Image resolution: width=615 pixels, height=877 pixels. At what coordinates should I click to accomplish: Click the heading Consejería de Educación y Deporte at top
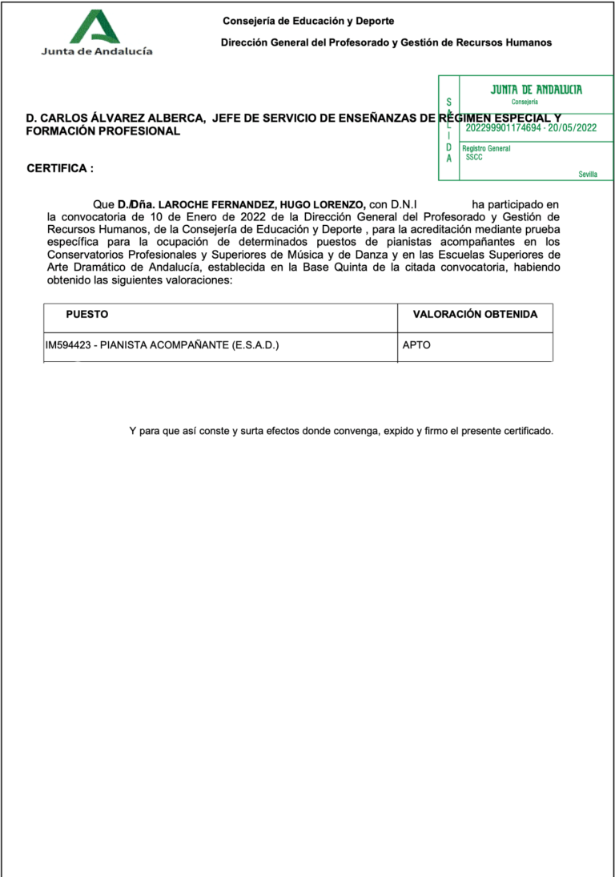[308, 21]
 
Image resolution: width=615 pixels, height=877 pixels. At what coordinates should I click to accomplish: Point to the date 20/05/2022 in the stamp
[571, 127]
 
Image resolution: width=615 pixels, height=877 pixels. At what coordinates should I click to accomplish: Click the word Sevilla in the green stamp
[588, 174]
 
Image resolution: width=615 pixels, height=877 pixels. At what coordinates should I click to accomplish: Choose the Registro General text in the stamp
[486, 148]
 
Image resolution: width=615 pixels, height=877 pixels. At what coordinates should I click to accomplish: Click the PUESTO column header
[87, 315]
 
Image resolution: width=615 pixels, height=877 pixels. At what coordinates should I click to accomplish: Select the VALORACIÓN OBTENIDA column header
[475, 315]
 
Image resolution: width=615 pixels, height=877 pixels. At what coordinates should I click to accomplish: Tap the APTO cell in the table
[417, 346]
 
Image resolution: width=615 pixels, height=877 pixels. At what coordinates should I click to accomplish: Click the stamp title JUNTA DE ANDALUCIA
[536, 90]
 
